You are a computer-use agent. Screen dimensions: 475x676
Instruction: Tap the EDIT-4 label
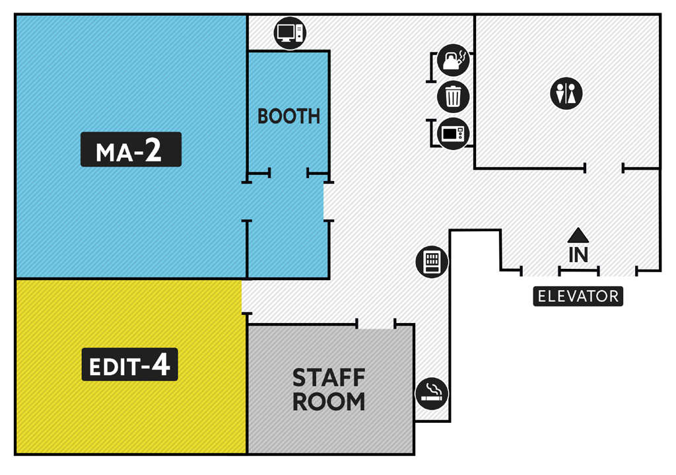pyautogui.click(x=129, y=365)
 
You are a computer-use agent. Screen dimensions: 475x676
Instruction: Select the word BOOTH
pyautogui.click(x=288, y=116)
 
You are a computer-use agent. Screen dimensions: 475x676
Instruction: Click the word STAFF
pyautogui.click(x=329, y=378)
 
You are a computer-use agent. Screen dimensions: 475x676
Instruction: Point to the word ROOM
pyautogui.click(x=329, y=401)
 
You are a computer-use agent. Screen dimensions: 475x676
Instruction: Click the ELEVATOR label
pyautogui.click(x=578, y=296)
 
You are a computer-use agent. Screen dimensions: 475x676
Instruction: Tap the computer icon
pyautogui.click(x=290, y=32)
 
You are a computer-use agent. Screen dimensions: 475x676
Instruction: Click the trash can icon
pyautogui.click(x=453, y=96)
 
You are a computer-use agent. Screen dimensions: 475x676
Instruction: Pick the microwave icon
pyautogui.click(x=453, y=133)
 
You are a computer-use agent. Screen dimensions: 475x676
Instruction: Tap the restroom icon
pyautogui.click(x=566, y=93)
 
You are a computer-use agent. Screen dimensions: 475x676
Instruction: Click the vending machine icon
pyautogui.click(x=432, y=262)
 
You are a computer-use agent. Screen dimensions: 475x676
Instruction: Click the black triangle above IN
pyautogui.click(x=578, y=235)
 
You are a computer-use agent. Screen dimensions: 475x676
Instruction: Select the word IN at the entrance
pyautogui.click(x=578, y=255)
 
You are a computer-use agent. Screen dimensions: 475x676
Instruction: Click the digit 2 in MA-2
pyautogui.click(x=153, y=150)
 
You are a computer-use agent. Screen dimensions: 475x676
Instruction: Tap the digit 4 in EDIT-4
pyautogui.click(x=160, y=365)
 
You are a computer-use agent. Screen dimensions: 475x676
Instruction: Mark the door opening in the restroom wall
pyautogui.click(x=604, y=169)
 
